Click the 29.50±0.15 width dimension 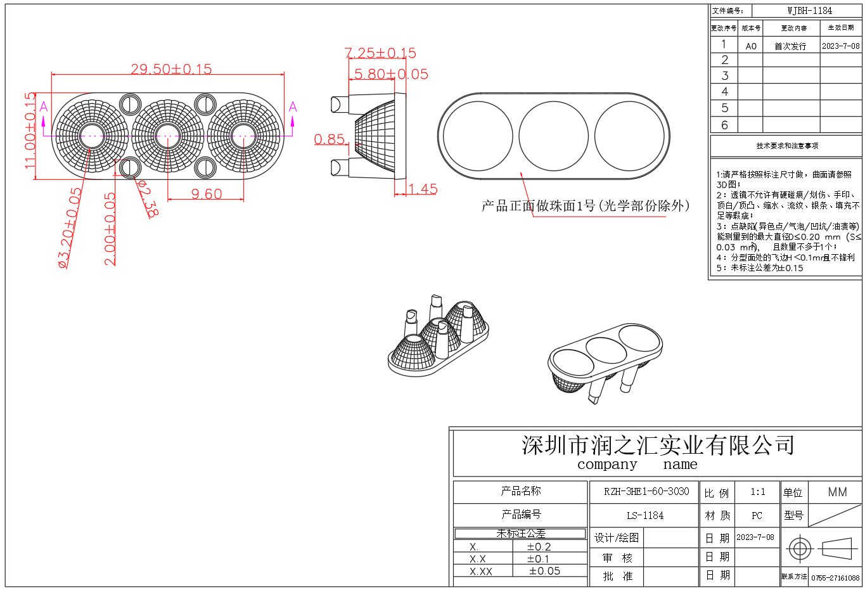point(171,69)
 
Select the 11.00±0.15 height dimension point(30,131)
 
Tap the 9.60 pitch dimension point(207,194)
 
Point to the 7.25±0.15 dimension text point(380,53)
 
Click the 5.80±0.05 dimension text point(391,74)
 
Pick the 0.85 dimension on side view point(330,139)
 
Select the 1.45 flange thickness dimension point(423,189)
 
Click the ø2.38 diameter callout point(148,198)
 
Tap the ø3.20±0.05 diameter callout point(70,228)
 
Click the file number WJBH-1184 point(809,11)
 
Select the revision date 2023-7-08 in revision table point(841,46)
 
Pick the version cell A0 point(751,46)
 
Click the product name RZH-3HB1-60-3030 point(646,492)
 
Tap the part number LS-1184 point(645,516)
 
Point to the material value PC point(757,516)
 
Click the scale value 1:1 point(757,492)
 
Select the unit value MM point(837,492)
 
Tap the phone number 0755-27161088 point(835,578)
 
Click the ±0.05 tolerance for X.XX point(544,571)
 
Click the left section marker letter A point(44,106)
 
